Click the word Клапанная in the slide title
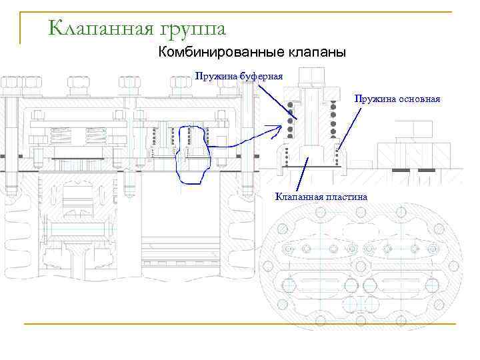tap(99, 28)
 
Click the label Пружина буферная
tap(239, 76)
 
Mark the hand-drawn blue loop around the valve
tap(192, 155)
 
